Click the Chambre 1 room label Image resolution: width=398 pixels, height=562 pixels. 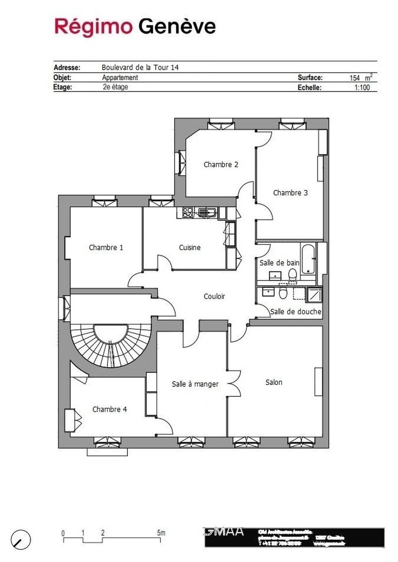pos(106,247)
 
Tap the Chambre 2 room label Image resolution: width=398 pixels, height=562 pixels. pos(221,165)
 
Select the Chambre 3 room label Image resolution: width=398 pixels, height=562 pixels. pos(291,193)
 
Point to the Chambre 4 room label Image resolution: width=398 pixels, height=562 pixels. pos(109,409)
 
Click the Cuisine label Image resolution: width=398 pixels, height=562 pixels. pos(190,247)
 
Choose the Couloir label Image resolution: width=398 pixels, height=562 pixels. pos(214,296)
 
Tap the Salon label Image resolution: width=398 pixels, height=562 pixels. pos(274,382)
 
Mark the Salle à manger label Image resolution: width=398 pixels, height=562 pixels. pos(195,384)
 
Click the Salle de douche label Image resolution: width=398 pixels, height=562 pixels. pos(296,312)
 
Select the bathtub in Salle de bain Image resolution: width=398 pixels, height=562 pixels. pos(308,259)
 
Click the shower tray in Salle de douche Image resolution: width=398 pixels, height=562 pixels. pos(314,295)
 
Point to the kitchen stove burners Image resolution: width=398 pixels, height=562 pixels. pos(188,213)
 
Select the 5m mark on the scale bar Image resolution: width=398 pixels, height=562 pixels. pos(161,533)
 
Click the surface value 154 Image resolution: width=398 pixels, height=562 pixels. pos(355,78)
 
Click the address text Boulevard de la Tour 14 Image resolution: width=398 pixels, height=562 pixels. pos(140,68)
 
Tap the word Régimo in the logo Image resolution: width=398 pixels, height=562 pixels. pos(94,26)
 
